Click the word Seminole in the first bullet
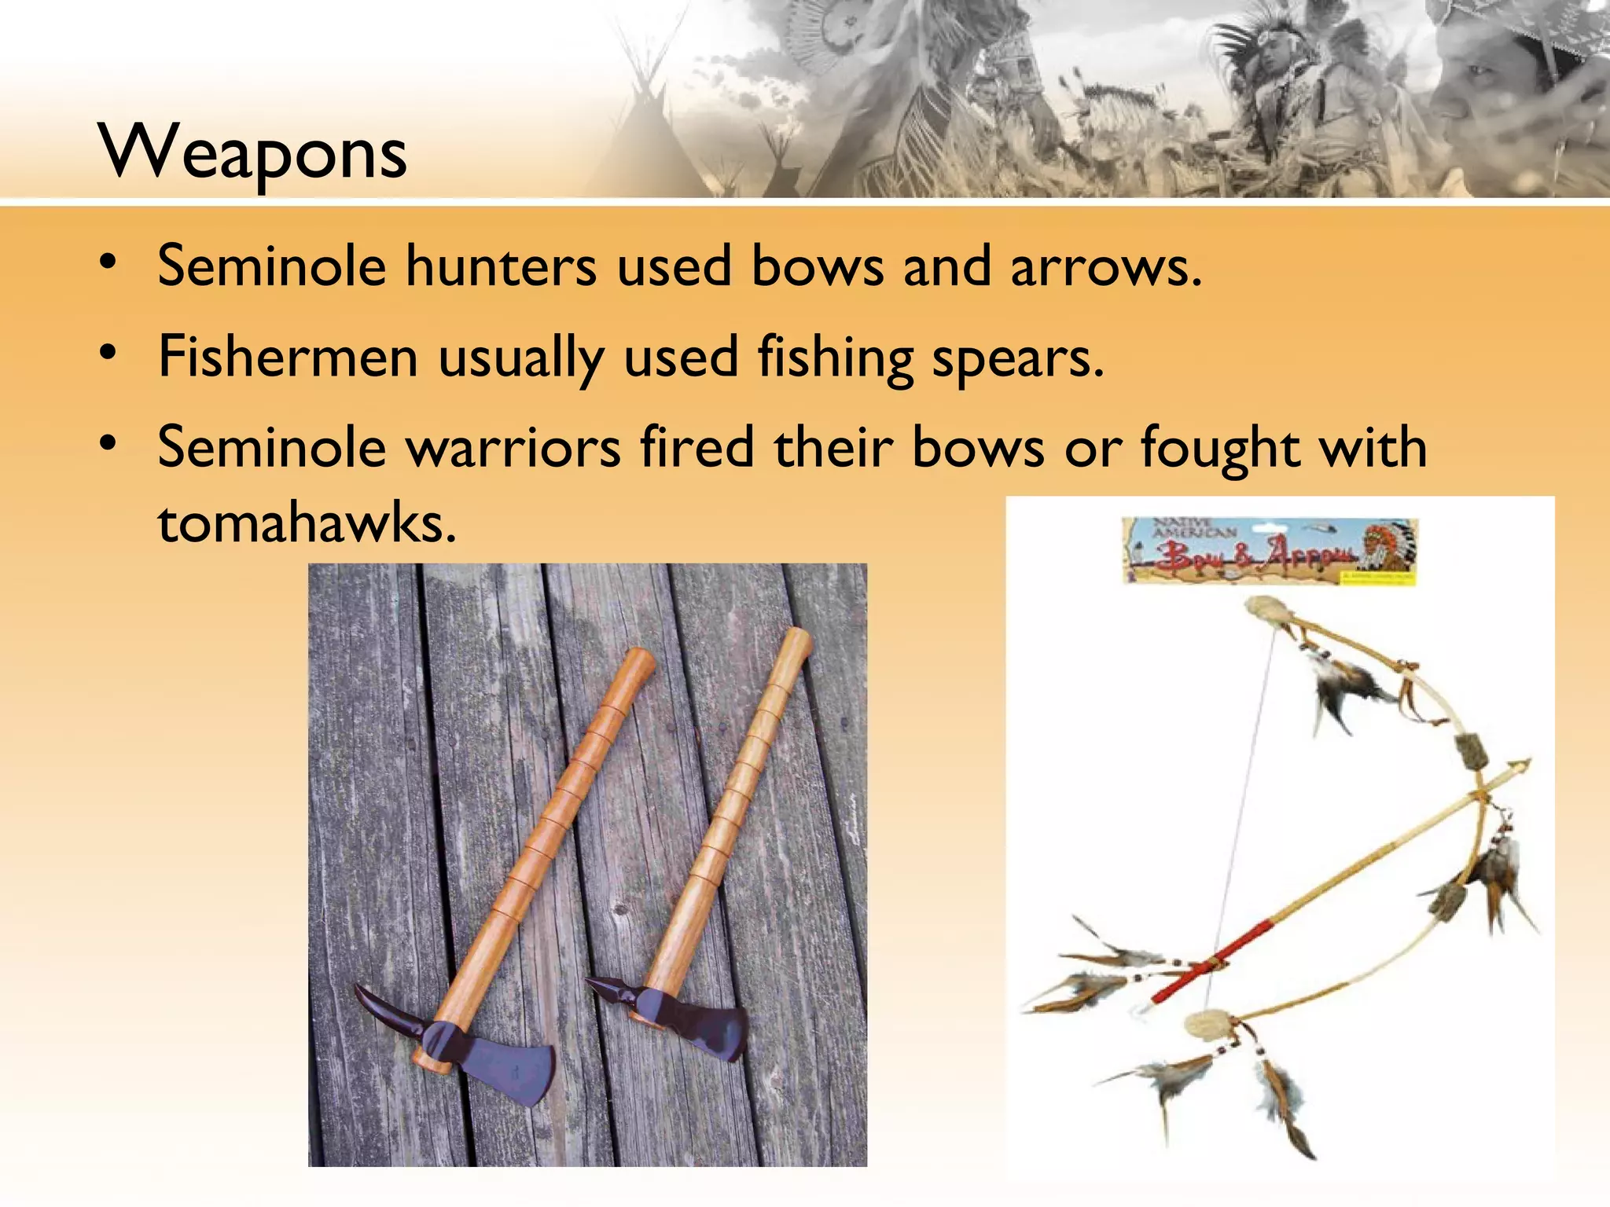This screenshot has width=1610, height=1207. tap(272, 266)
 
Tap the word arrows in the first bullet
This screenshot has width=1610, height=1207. tap(1105, 266)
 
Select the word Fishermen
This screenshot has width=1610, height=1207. tap(288, 357)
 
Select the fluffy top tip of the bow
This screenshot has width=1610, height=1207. tap(1266, 610)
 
